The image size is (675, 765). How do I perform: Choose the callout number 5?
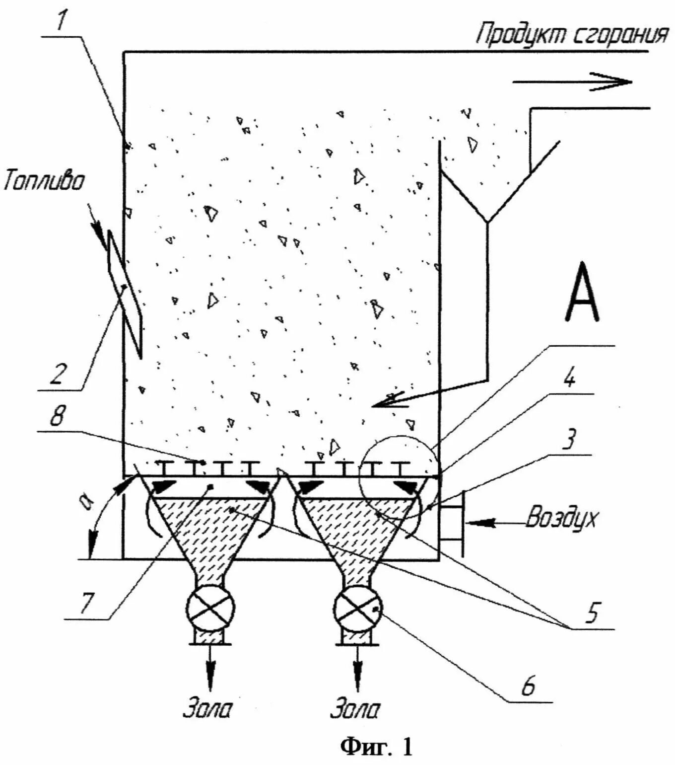click(593, 612)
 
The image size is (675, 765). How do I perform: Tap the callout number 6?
click(528, 686)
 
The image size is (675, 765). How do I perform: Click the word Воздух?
click(561, 518)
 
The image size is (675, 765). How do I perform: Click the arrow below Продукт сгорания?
click(572, 82)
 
